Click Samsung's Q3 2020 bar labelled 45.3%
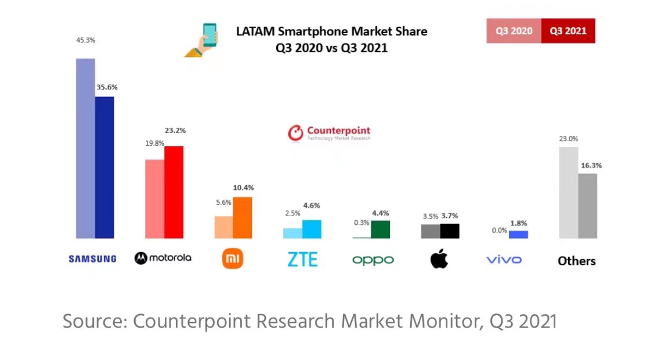[85, 148]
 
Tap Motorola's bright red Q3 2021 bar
[174, 192]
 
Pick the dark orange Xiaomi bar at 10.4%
[243, 218]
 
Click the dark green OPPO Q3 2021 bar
[380, 229]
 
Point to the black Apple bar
[450, 231]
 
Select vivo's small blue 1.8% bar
[518, 235]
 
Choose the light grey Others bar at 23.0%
[568, 192]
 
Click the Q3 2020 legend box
[514, 31]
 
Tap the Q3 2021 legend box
[568, 31]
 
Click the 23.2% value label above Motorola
[175, 131]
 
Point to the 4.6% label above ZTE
[311, 205]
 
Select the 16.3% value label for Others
[591, 165]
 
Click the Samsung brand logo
[92, 259]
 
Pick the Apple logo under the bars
[439, 259]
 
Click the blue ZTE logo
[302, 259]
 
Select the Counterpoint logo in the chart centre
[329, 133]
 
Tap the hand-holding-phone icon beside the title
[203, 40]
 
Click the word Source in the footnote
[93, 321]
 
